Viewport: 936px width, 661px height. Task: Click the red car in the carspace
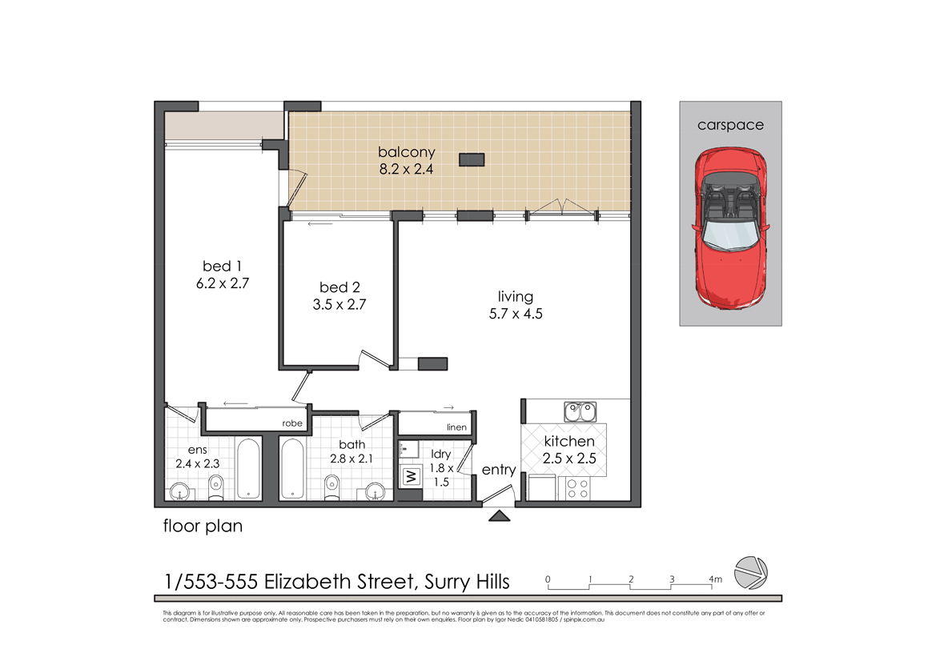point(730,229)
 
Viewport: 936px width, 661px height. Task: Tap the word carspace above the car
point(730,125)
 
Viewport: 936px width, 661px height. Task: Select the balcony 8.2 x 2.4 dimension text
point(407,169)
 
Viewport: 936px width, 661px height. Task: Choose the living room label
point(515,297)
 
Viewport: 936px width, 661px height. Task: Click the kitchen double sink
point(578,412)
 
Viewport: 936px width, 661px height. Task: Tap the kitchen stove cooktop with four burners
point(577,488)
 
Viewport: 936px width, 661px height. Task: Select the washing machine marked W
point(412,476)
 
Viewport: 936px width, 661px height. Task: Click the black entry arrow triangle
point(500,516)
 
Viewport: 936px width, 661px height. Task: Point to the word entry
point(499,470)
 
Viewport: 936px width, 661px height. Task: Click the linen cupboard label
point(456,427)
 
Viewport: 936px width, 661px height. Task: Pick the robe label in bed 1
point(292,423)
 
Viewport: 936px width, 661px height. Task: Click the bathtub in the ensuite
point(248,468)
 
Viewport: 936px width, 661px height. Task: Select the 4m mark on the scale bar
point(715,579)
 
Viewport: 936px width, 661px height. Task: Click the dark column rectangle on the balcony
point(471,160)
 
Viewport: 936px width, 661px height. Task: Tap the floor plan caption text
point(203,527)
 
